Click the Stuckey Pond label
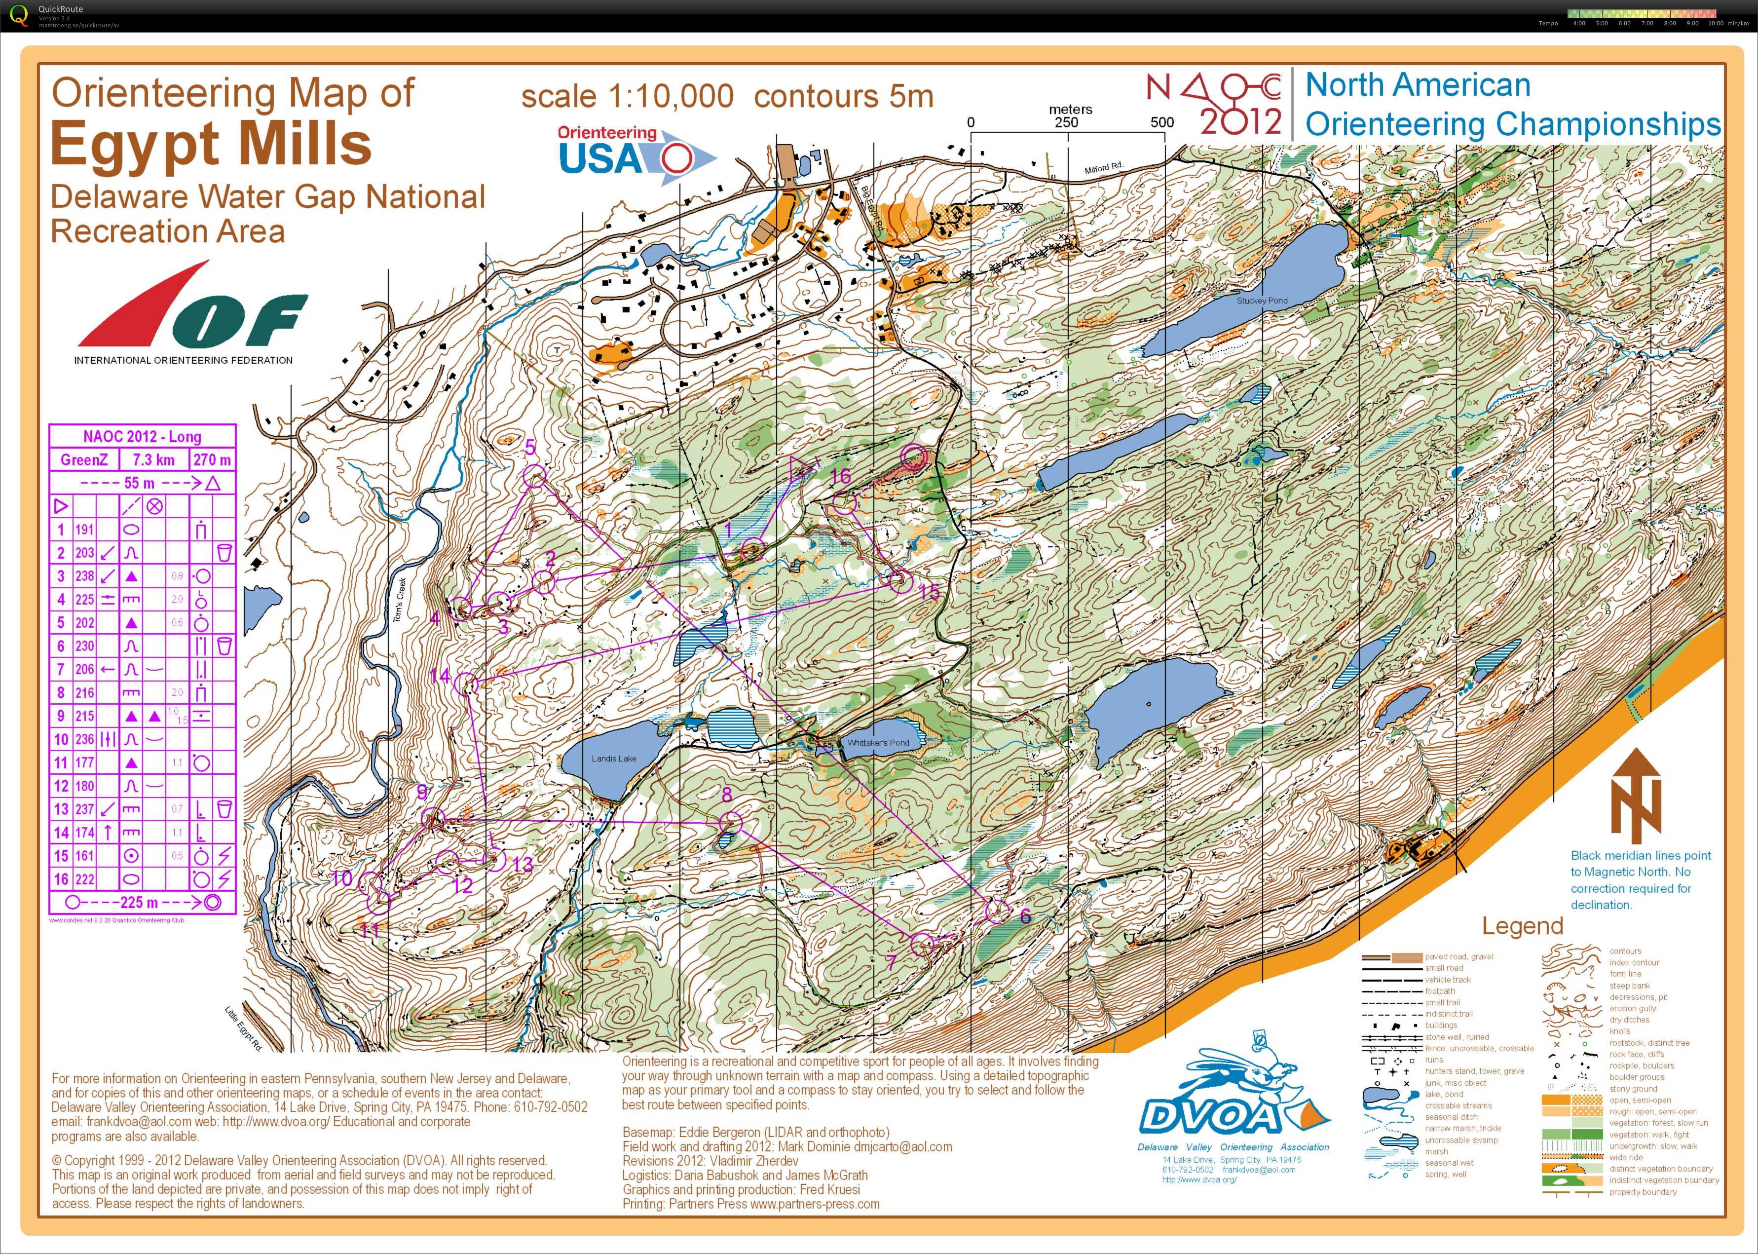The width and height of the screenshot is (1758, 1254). [1262, 301]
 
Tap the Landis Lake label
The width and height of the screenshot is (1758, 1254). [614, 758]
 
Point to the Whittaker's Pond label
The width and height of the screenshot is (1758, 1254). [878, 743]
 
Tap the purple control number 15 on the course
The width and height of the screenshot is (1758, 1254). [930, 592]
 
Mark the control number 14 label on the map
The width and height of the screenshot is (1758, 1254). [439, 677]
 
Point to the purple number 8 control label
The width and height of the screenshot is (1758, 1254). [726, 795]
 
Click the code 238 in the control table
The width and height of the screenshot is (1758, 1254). [84, 576]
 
